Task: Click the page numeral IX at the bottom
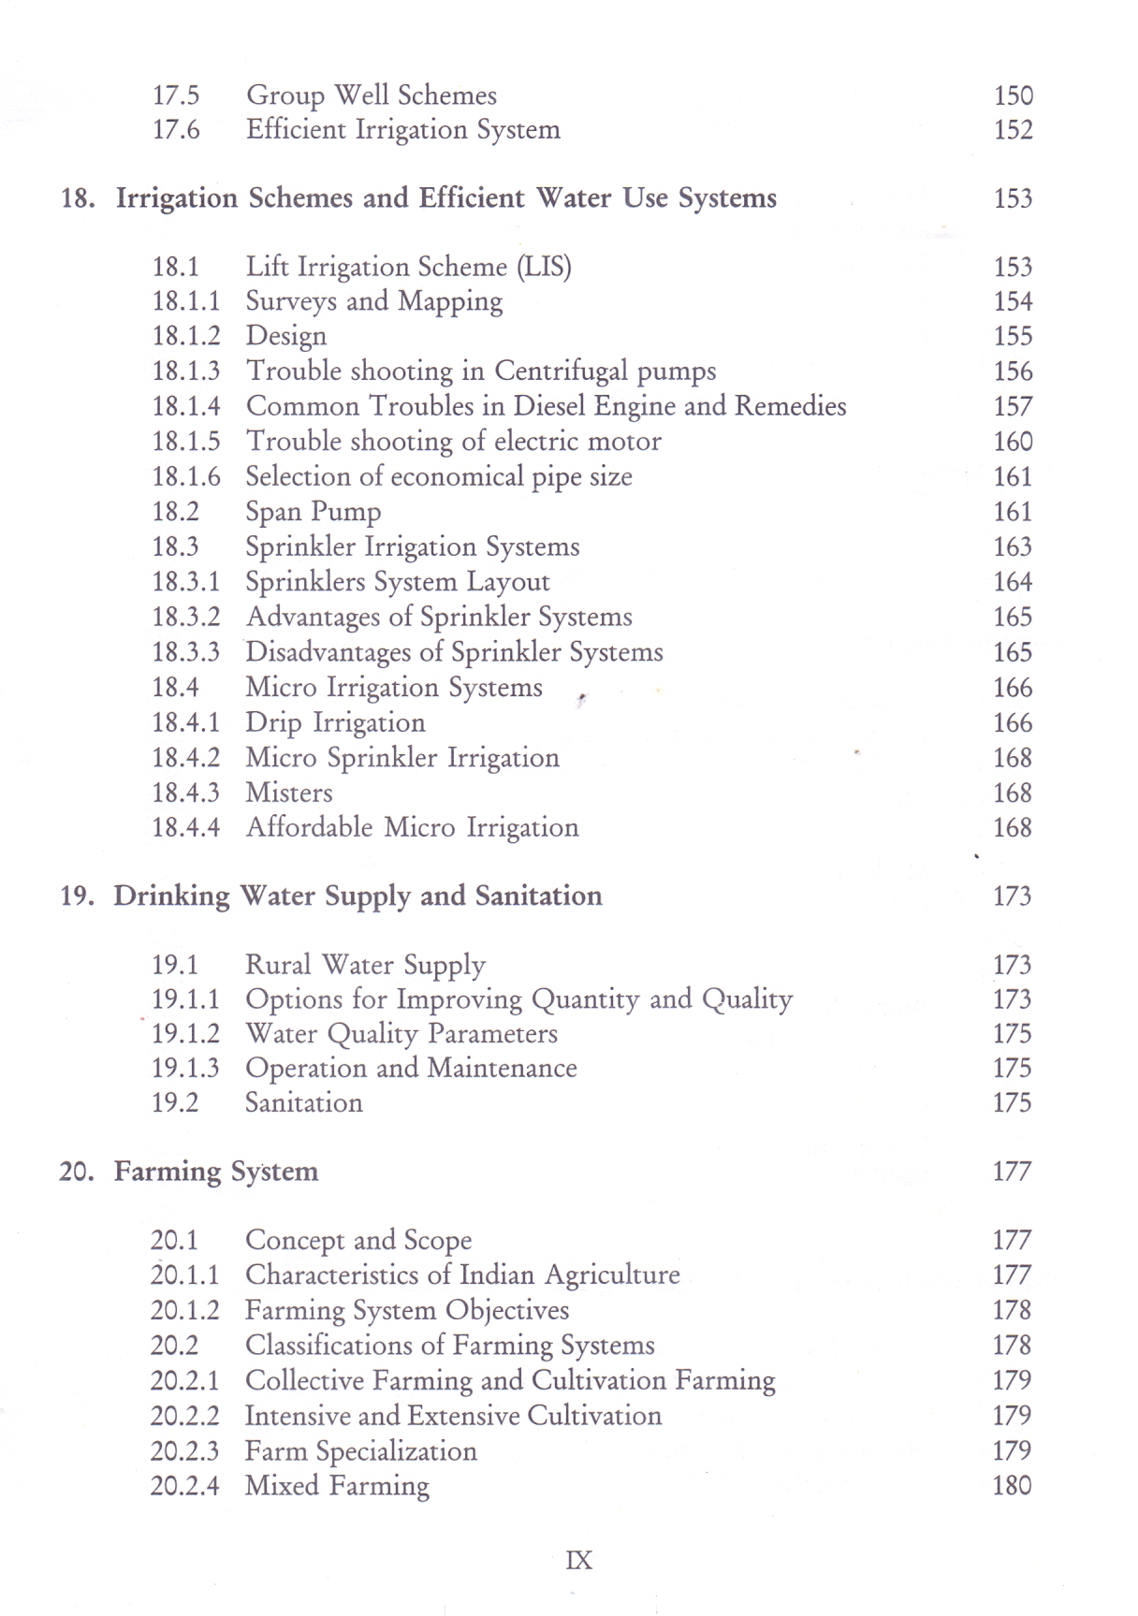pyautogui.click(x=578, y=1560)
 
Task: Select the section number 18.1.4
pyautogui.click(x=186, y=406)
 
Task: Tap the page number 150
pyautogui.click(x=1013, y=95)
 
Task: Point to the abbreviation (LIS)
pyautogui.click(x=544, y=268)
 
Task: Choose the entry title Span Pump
pyautogui.click(x=313, y=512)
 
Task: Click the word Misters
pyautogui.click(x=288, y=793)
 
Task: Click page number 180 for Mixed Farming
pyautogui.click(x=1012, y=1485)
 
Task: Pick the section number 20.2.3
pyautogui.click(x=184, y=1450)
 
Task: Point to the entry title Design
pyautogui.click(x=285, y=336)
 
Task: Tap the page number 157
pyautogui.click(x=1013, y=406)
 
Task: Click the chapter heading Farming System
pyautogui.click(x=215, y=1172)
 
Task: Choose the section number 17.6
pyautogui.click(x=176, y=129)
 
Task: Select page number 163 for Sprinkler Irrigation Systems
pyautogui.click(x=1013, y=546)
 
